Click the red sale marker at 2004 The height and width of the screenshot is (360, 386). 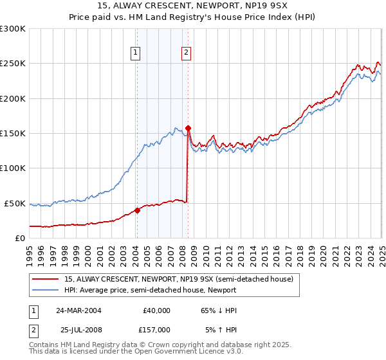[x=137, y=210]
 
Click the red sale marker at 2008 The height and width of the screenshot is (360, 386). [x=188, y=128]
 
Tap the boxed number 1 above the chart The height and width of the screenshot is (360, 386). [x=136, y=53]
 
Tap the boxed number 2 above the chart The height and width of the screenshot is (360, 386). [x=186, y=53]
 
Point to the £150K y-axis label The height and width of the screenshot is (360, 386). [x=13, y=134]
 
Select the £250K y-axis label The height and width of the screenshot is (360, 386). [x=13, y=64]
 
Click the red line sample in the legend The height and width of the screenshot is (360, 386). [x=46, y=279]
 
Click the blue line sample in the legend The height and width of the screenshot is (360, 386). [x=46, y=290]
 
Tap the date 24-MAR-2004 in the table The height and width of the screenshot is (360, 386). [x=78, y=310]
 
